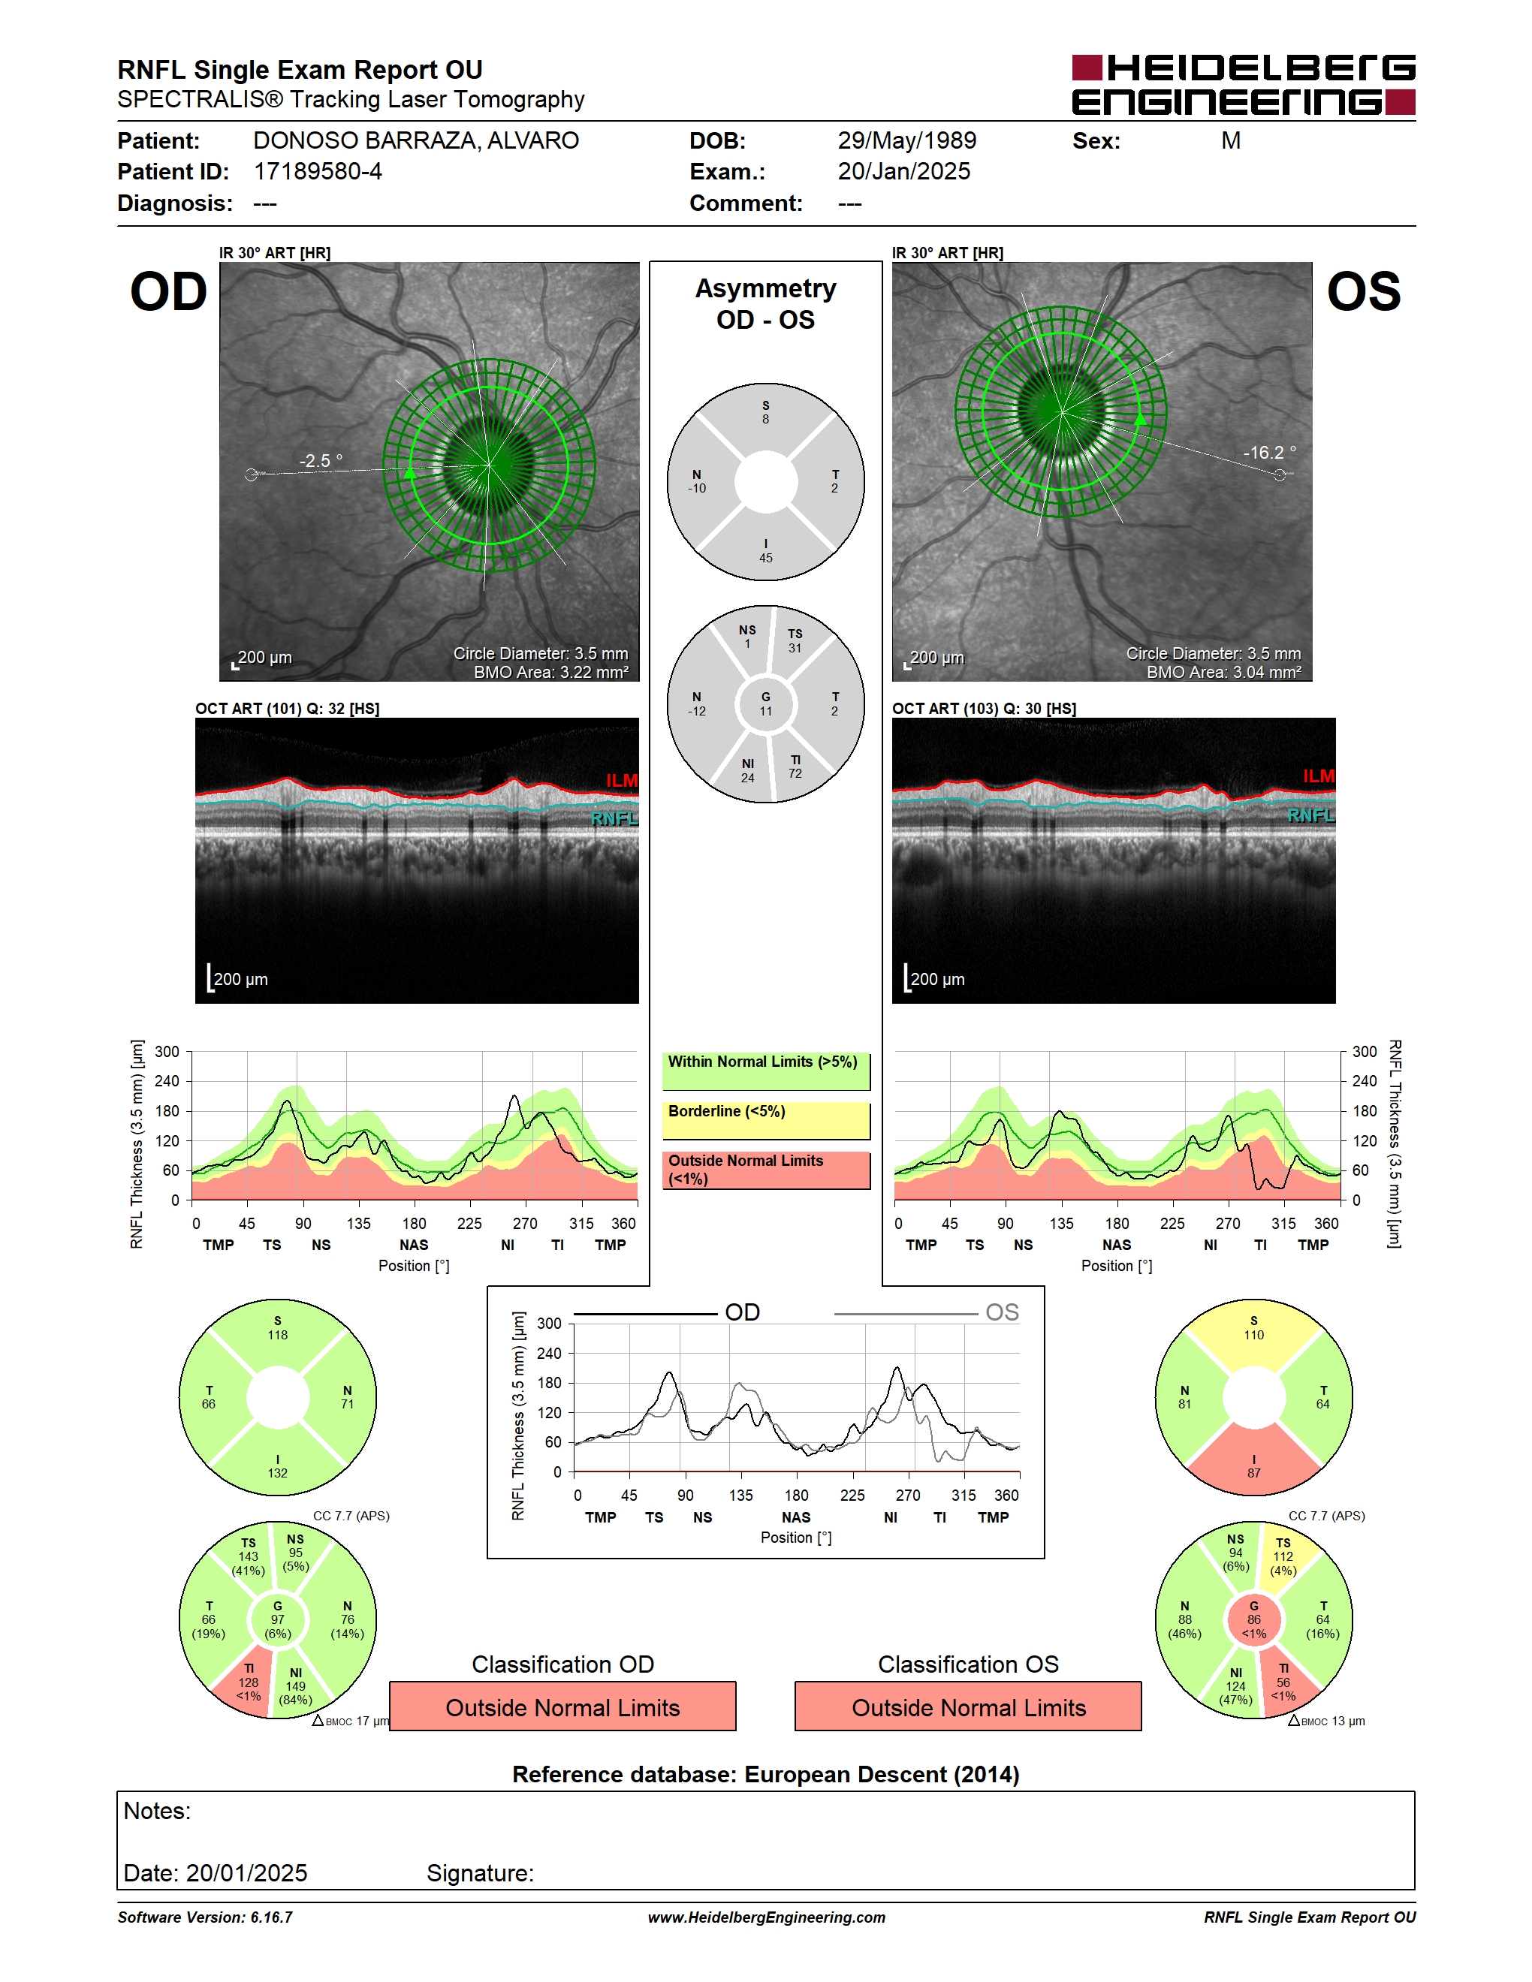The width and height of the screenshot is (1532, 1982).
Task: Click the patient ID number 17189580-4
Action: pos(318,171)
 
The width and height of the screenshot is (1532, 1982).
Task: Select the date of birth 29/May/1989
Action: pos(906,140)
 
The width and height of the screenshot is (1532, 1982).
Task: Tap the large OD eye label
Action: pos(169,291)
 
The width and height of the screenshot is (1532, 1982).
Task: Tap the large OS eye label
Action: pos(1363,291)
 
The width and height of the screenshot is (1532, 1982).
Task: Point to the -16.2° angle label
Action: pos(1269,452)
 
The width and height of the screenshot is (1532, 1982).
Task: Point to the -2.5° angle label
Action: pos(321,461)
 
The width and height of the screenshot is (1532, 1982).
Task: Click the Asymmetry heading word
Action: pos(766,288)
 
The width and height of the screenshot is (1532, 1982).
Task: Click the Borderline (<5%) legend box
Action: pos(766,1121)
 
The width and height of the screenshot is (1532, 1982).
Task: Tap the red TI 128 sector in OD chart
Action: pos(246,1682)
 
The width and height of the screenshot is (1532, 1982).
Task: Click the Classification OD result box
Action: pos(562,1707)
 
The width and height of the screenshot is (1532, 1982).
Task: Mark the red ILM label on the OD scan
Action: pos(622,781)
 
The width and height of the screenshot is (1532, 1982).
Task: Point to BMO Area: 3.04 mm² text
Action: pos(1223,673)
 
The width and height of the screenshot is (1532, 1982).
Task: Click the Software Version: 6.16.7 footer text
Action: pos(205,1917)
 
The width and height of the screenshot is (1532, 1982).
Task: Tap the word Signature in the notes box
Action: pos(480,1873)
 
